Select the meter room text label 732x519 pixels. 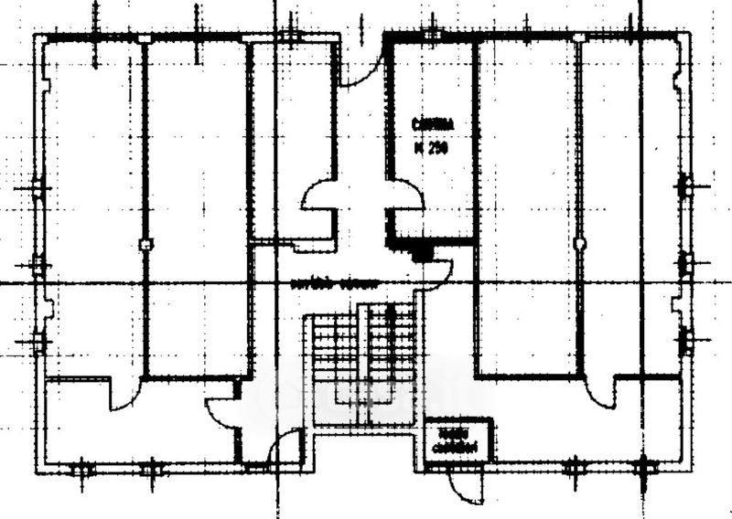tap(457, 438)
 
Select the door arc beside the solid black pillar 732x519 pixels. tap(439, 270)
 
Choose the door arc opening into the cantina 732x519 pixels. tap(406, 194)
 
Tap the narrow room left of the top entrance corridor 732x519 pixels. tap(293, 137)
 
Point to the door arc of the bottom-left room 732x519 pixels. tap(124, 395)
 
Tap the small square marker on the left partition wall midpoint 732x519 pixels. tap(144, 244)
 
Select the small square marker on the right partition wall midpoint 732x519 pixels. tap(579, 242)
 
